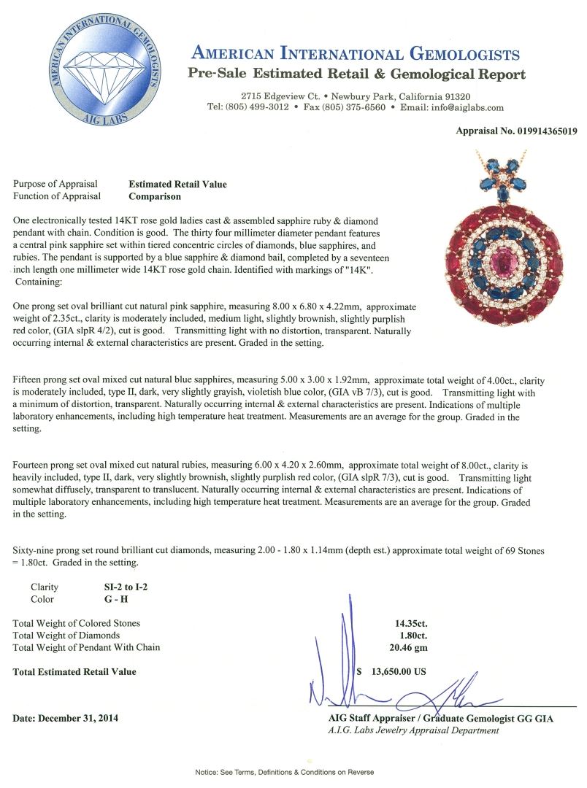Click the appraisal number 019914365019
pyautogui.click(x=541, y=131)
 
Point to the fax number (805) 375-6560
pyautogui.click(x=355, y=107)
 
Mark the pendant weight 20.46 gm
pyautogui.click(x=407, y=647)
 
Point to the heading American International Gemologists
pyautogui.click(x=356, y=55)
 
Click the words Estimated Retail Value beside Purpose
pyautogui.click(x=177, y=184)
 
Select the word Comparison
pyautogui.click(x=156, y=196)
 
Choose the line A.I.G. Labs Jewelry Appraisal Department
pyautogui.click(x=413, y=730)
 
